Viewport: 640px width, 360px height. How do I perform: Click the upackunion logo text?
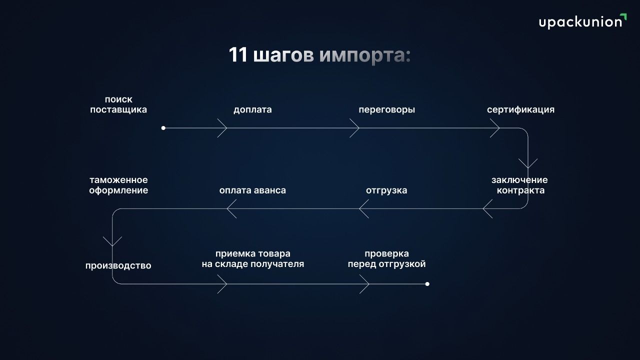coord(580,22)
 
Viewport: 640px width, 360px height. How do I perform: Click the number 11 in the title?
coord(238,54)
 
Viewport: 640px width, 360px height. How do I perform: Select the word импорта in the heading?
coord(365,55)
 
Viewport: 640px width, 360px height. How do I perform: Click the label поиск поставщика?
coord(118,104)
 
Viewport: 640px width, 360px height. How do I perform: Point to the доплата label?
coord(252,109)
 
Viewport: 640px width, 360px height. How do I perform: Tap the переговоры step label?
coord(387,110)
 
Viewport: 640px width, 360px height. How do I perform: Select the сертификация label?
coord(520,110)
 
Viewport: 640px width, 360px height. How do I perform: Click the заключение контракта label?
coord(520,185)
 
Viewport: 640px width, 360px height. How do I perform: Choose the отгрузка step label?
coord(386,190)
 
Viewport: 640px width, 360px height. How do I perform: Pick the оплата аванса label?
coord(252,190)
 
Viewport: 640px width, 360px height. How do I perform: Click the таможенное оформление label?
coord(118,185)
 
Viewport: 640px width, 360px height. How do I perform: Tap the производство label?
coord(118,265)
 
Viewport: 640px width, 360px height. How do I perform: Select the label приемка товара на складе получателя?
coord(253,259)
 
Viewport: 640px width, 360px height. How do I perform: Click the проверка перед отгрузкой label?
coord(387,259)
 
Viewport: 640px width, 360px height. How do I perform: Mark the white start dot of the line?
coord(163,128)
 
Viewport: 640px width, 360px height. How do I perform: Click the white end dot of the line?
coord(427,284)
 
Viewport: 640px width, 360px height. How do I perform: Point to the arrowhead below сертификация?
coord(495,128)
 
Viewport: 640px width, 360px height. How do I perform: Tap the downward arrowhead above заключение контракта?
coord(528,163)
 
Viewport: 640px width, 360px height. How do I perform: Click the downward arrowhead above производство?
coord(112,241)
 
